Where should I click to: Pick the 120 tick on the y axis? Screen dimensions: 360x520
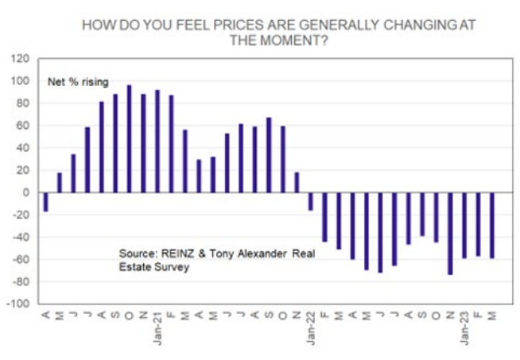point(19,59)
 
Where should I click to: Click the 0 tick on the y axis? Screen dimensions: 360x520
point(25,192)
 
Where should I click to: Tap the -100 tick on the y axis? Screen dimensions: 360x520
point(17,304)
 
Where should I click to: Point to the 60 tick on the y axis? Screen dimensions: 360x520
point(22,126)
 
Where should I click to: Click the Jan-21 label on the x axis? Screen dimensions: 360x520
point(157,328)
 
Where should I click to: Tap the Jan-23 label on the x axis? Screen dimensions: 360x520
point(464,328)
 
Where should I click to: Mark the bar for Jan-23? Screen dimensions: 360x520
point(464,225)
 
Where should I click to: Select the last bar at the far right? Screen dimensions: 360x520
point(492,225)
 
